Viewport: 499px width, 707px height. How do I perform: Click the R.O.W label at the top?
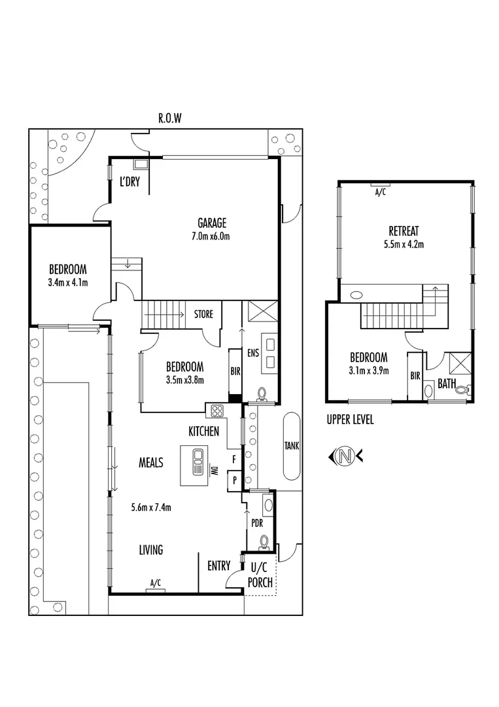(169, 118)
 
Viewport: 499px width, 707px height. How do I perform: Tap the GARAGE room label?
(213, 223)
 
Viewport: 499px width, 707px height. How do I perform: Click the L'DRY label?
(129, 183)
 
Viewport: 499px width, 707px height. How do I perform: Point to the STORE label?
(203, 314)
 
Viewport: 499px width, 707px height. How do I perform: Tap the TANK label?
(291, 446)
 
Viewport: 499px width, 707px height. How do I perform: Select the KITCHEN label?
(204, 431)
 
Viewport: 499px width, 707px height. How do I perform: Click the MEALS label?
(150, 463)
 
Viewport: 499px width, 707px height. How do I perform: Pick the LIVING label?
(150, 550)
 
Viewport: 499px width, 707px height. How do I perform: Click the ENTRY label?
(218, 566)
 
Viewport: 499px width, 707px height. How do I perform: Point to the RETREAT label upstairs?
(404, 231)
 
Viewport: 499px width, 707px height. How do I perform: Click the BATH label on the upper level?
(447, 384)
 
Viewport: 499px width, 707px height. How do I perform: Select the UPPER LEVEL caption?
(351, 420)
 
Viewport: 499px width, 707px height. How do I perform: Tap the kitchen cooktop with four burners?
(216, 411)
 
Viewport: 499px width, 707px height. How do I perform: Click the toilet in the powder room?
(264, 542)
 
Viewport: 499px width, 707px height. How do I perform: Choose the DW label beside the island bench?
(213, 470)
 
